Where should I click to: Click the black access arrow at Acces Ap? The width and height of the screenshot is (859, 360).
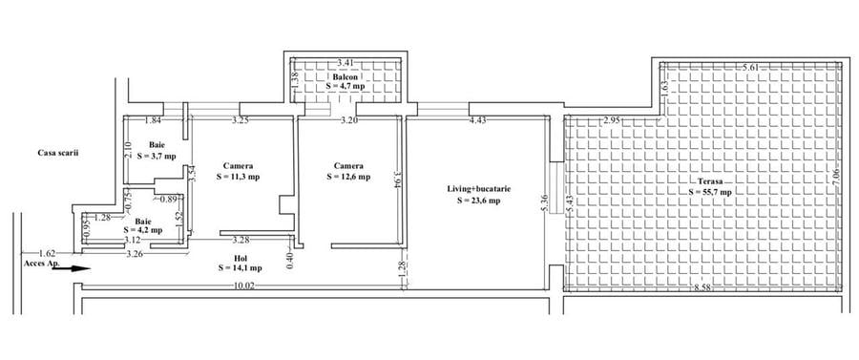[64, 268]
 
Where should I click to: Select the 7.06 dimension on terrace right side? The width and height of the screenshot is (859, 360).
[835, 177]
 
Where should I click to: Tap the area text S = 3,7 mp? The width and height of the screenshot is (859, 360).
[156, 155]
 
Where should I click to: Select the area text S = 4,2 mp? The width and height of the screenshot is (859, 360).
[143, 230]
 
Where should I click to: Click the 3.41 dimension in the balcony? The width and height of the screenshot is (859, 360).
[346, 64]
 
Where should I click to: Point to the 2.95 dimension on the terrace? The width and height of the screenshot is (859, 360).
[613, 120]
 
